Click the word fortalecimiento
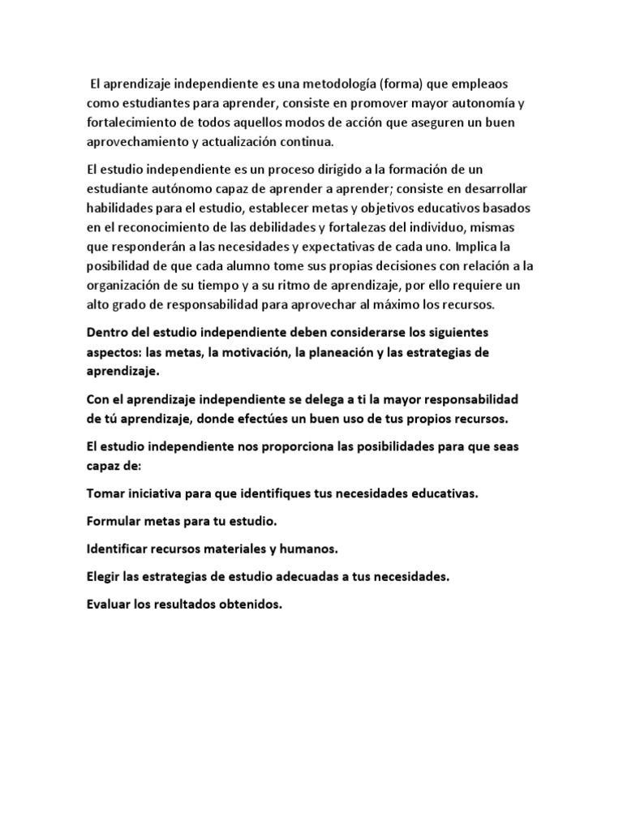tap(132, 123)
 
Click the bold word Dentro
tap(107, 334)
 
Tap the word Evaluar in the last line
tap(110, 604)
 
